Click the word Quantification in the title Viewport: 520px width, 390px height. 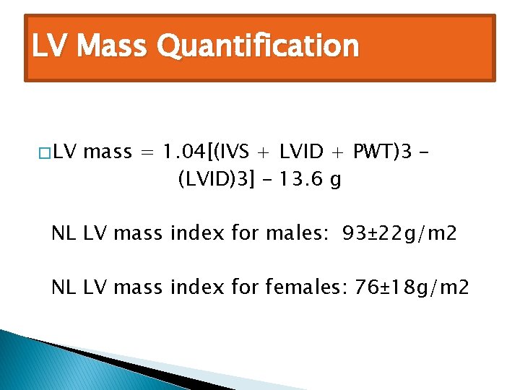tap(258, 47)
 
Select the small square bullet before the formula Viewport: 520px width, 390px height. tap(45, 153)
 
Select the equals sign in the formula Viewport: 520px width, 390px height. tap(147, 152)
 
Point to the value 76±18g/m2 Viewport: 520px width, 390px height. tap(409, 288)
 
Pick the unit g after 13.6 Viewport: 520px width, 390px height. tap(334, 181)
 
